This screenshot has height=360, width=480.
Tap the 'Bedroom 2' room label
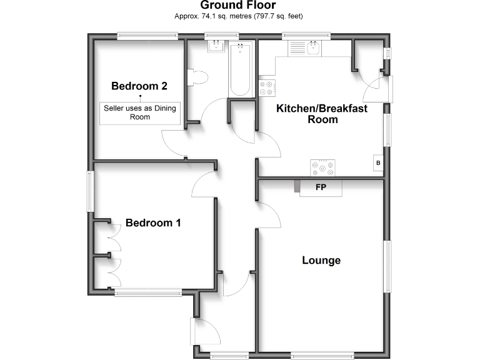pos(139,86)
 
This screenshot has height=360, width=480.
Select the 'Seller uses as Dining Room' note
pos(140,112)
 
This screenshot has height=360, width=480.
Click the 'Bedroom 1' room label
pos(153,222)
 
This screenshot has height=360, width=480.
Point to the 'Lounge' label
pos(321,260)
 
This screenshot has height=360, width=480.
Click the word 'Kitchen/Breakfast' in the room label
pos(322,108)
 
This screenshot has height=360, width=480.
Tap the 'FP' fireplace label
pos(321,187)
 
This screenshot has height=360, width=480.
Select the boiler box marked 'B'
pos(377,163)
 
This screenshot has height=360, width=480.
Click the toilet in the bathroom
pos(199,77)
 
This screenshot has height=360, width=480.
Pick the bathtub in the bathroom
pos(240,69)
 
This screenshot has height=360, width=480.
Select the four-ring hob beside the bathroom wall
pos(267,87)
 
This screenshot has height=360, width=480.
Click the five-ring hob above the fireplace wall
pos(322,167)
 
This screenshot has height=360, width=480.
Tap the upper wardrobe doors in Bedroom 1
pos(113,237)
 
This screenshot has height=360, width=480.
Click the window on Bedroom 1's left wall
pos(90,191)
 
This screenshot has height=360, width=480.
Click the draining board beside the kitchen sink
pos(296,47)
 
